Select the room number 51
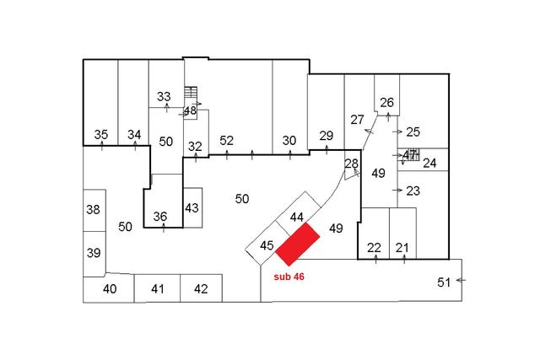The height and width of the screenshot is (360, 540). pos(444,282)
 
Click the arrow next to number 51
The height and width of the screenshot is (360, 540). pos(460,279)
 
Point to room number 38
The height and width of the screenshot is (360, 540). pos(94,210)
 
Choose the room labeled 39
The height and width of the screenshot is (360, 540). pos(94,252)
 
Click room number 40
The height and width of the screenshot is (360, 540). pos(110,289)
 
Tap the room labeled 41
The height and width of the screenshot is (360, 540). pos(157,289)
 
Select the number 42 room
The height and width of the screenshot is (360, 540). pos(201,289)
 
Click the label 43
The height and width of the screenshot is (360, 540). pos(192,208)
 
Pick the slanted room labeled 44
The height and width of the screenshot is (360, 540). pos(296,217)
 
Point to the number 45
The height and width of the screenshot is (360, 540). pos(267,245)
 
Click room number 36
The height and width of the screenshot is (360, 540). pos(160,217)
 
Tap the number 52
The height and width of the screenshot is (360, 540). pos(226,140)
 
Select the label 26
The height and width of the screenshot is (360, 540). pos(386,103)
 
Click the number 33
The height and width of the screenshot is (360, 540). pos(164,96)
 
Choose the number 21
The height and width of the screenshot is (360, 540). pos(402,247)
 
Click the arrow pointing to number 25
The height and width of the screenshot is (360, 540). pos(397,132)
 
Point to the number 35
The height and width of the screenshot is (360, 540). pos(101,134)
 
